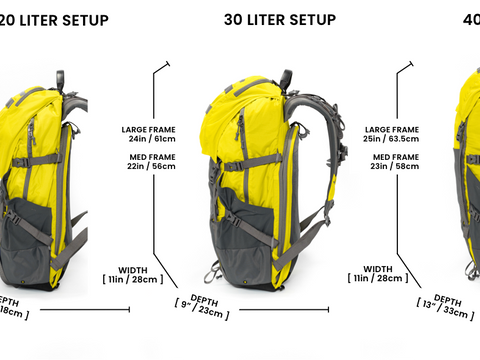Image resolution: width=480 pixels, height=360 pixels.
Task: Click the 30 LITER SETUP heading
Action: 279,19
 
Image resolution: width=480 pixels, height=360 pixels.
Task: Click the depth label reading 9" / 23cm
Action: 201,311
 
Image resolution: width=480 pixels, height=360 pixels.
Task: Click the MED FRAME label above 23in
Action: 395,158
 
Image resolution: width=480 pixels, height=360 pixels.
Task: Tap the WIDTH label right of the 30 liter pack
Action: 378,269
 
